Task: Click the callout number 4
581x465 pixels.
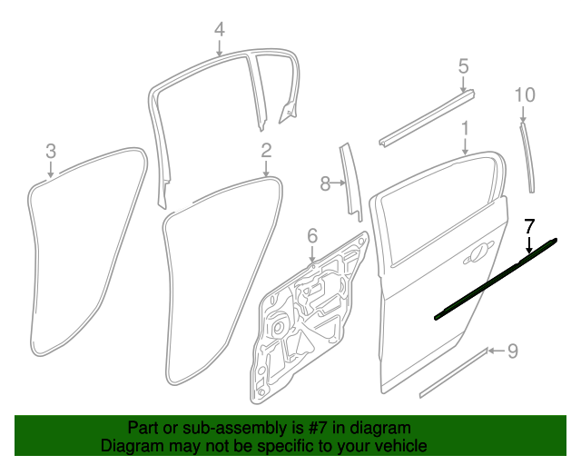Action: (220, 29)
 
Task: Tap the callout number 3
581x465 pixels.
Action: (51, 151)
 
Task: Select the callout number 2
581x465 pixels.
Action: (266, 151)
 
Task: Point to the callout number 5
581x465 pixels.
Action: (463, 66)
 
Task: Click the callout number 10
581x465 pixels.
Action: (525, 95)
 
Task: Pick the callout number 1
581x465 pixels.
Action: (465, 128)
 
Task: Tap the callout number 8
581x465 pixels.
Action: (325, 183)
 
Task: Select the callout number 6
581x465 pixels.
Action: (312, 235)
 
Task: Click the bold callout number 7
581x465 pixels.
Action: (529, 226)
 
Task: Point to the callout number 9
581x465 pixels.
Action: (512, 351)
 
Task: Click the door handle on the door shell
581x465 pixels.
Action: (478, 252)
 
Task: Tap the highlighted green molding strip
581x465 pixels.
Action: (496, 279)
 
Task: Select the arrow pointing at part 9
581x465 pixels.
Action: (497, 351)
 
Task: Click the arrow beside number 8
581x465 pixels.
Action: (339, 183)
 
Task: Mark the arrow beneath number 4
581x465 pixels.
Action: (220, 48)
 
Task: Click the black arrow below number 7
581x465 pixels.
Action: (529, 245)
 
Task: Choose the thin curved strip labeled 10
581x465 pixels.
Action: (527, 157)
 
